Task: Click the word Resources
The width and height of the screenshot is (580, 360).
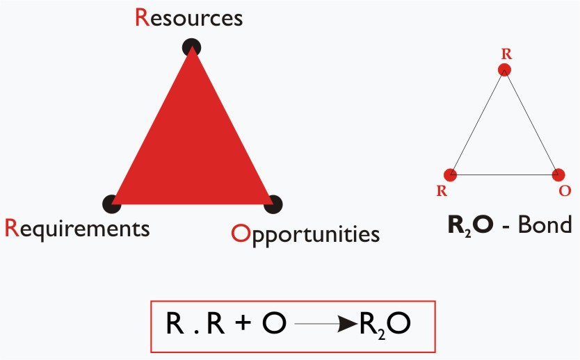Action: click(x=188, y=18)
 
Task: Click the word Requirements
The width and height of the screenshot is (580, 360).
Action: click(x=77, y=229)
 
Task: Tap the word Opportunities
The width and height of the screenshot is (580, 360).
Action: click(x=305, y=234)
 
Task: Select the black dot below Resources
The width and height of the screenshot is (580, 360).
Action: click(x=192, y=47)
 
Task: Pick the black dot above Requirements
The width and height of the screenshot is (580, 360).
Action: click(x=112, y=204)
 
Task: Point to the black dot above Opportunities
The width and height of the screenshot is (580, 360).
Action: click(x=273, y=204)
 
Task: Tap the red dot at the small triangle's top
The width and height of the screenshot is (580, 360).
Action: click(x=504, y=69)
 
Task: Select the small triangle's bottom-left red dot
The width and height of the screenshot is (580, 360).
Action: click(x=450, y=175)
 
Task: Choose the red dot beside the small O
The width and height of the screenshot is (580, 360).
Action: click(x=558, y=175)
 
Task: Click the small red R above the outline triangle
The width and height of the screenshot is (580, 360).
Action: click(x=506, y=54)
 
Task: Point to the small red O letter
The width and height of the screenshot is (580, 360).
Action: click(x=565, y=190)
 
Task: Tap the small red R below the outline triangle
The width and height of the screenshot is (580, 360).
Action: click(x=442, y=190)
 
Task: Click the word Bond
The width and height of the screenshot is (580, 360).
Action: click(x=545, y=224)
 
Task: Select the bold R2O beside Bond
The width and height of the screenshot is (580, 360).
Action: click(x=471, y=225)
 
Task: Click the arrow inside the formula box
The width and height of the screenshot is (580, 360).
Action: click(x=326, y=324)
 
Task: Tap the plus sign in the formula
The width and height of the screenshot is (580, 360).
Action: click(x=243, y=322)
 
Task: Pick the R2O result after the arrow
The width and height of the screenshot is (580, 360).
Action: click(x=385, y=325)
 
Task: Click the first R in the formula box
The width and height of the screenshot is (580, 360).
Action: click(x=175, y=323)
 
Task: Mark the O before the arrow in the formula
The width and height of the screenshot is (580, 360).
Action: click(x=274, y=323)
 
